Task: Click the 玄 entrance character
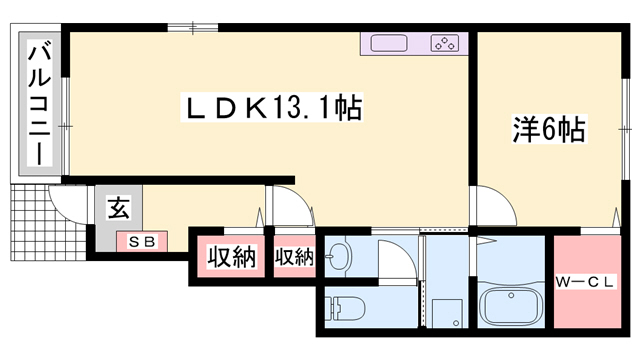pyautogui.click(x=118, y=209)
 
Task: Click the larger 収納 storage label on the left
pyautogui.click(x=231, y=257)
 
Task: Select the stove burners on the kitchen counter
pyautogui.click(x=443, y=43)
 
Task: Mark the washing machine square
pyautogui.click(x=445, y=311)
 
